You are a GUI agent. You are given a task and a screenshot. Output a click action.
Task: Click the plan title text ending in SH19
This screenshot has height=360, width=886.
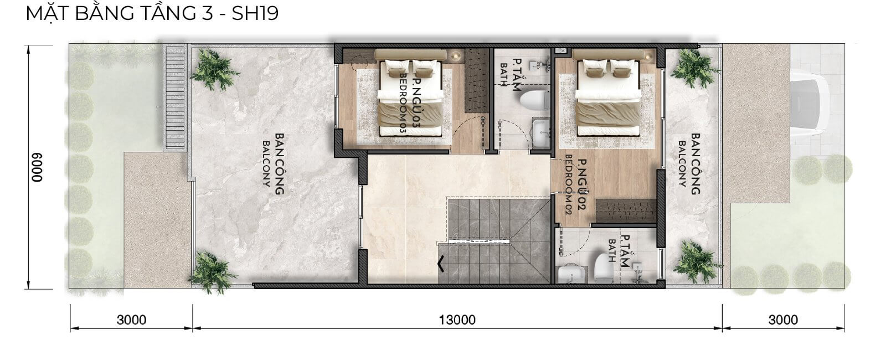tap(152, 13)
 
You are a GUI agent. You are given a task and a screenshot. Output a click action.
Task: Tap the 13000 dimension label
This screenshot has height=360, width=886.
tap(457, 320)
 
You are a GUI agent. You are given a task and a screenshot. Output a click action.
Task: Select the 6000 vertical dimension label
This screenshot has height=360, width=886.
tap(37, 167)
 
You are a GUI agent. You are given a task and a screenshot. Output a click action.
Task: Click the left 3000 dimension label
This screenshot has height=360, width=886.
tap(131, 320)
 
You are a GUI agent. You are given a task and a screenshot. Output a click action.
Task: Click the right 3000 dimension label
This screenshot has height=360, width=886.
tap(783, 320)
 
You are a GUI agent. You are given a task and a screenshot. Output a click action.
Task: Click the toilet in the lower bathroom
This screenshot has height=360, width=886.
tap(604, 268)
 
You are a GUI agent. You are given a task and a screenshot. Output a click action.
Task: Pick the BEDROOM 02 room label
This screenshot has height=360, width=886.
tap(569, 185)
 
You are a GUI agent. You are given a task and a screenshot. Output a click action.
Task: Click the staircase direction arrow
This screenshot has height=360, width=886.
tap(441, 264)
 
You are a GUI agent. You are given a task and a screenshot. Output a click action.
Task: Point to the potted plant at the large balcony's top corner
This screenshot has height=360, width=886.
tap(214, 70)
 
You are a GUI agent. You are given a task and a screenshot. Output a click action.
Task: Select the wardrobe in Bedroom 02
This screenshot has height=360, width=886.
tap(626, 210)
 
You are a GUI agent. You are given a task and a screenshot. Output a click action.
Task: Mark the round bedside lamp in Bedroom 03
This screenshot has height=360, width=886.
tap(457, 56)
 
